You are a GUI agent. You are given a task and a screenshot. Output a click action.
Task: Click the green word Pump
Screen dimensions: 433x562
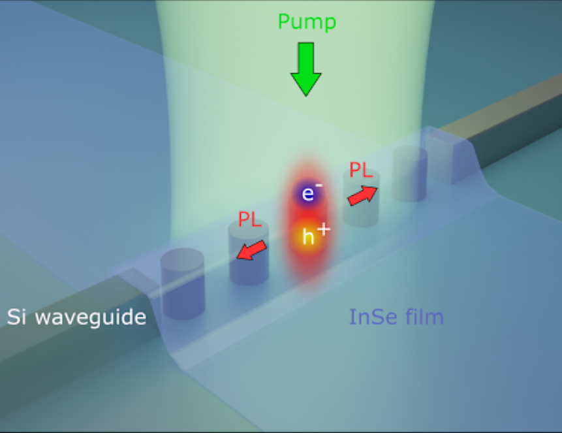(x=307, y=22)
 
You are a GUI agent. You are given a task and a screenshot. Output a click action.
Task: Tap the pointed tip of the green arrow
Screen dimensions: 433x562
(x=305, y=94)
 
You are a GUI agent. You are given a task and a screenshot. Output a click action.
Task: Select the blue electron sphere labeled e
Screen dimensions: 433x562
(x=307, y=194)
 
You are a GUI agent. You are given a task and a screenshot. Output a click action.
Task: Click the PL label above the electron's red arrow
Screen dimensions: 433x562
(x=361, y=171)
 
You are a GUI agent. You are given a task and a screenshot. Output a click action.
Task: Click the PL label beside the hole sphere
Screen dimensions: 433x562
(x=249, y=219)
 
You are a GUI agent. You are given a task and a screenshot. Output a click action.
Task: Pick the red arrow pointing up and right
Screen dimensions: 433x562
(x=364, y=195)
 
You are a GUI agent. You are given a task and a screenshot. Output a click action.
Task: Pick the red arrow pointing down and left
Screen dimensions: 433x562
(x=251, y=250)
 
